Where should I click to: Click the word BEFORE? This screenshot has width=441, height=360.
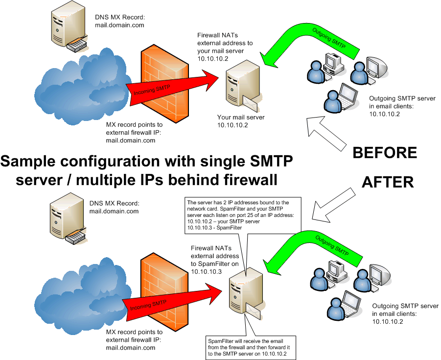coord(385,153)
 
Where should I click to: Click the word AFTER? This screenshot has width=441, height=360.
coord(388,182)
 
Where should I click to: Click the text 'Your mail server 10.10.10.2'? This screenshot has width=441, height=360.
coord(240,121)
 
